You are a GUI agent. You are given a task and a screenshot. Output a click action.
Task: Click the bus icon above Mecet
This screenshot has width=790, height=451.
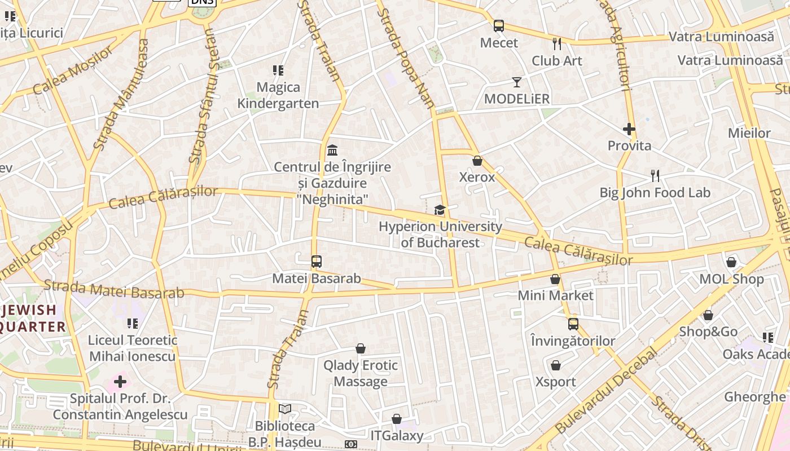pos(499,25)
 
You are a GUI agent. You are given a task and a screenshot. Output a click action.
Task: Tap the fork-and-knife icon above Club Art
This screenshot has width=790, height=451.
pos(557,43)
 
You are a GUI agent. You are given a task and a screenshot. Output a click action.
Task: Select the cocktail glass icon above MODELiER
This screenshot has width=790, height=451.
pos(517,82)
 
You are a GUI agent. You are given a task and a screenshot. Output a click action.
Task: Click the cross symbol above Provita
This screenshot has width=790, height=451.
pos(629,129)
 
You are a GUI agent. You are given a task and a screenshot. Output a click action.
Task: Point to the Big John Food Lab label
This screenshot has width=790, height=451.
pos(655,193)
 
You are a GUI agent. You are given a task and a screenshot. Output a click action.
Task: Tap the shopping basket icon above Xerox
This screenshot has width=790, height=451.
pos(477,161)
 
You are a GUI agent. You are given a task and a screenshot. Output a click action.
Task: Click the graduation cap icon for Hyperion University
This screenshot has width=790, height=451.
pos(440,210)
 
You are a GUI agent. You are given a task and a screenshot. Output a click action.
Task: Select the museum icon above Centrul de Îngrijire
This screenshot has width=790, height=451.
pos(332,151)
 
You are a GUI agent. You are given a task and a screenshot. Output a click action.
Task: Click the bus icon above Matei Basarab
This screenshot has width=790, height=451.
pos(317,262)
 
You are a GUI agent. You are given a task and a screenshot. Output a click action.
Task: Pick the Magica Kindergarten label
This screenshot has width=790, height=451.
pos(278,95)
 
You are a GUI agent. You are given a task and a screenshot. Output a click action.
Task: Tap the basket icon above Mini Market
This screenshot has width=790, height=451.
pos(555,279)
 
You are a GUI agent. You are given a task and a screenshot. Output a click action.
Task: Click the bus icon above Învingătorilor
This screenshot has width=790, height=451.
pos(573,324)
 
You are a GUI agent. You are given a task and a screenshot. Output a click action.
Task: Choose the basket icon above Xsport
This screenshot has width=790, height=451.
pos(556,365)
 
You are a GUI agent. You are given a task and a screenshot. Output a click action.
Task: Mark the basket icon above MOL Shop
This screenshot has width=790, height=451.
pos(731,262)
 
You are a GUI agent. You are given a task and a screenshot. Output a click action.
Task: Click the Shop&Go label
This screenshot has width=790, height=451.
pos(708,331)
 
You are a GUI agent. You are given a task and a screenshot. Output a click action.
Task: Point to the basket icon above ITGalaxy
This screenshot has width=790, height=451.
pos(397,419)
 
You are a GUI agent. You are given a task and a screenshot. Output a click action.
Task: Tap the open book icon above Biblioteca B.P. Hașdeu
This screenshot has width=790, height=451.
pos(285,409)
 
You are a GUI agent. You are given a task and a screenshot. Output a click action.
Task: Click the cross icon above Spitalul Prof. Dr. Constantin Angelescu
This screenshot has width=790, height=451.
pos(120,382)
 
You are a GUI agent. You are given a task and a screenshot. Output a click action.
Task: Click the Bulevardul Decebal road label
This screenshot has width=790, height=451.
pos(607,391)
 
